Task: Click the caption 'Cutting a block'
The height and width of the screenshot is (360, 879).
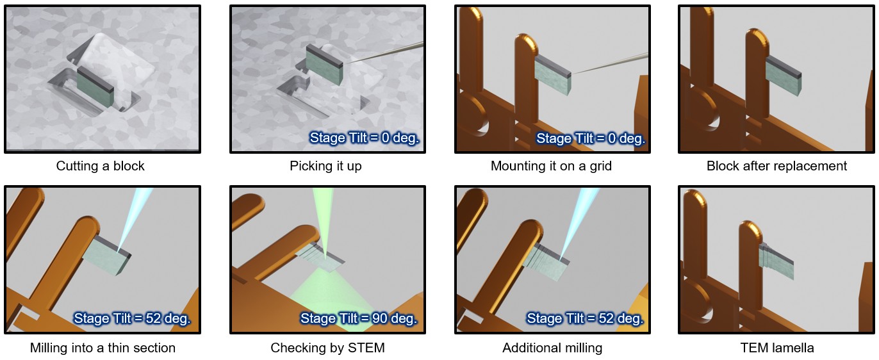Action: point(100,166)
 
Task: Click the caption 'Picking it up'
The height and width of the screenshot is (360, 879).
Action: point(325,166)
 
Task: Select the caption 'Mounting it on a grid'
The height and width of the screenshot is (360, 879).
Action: point(551,166)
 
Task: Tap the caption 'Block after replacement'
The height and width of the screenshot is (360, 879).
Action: point(776,166)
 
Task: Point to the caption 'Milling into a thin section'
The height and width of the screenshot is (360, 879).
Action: point(103,348)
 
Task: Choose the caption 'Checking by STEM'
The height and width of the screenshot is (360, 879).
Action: point(327,348)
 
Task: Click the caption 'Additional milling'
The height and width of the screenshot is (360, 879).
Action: point(552,348)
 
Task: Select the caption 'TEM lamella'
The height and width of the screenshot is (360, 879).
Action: point(777,348)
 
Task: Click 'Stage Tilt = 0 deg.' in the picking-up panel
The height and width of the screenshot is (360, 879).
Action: point(365,138)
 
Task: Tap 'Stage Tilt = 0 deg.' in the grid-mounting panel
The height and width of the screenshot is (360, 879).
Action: point(591,138)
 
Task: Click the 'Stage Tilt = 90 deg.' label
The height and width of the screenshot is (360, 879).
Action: point(359,318)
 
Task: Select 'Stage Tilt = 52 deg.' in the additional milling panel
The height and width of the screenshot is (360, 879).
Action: point(585,318)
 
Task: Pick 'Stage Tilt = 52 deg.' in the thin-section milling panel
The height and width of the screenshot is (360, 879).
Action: point(132,318)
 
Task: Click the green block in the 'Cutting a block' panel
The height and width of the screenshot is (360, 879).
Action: point(95,88)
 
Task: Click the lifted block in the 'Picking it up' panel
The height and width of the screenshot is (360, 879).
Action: point(324,65)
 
